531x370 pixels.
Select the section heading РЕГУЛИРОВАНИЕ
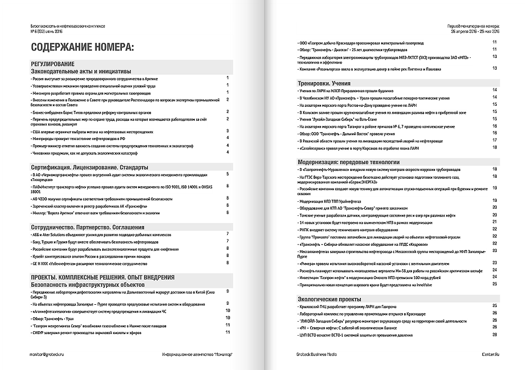(x=57, y=64)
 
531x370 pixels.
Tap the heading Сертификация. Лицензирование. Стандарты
(x=89, y=167)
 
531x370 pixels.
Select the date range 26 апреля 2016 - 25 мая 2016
(x=475, y=31)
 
